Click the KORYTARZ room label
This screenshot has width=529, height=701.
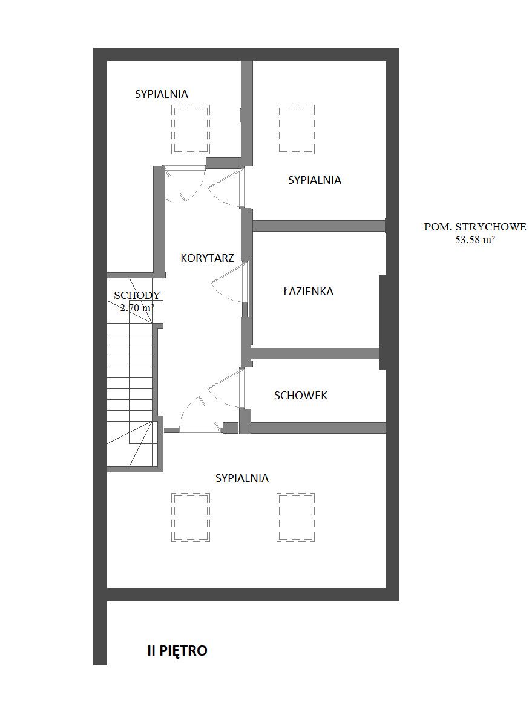pyautogui.click(x=207, y=258)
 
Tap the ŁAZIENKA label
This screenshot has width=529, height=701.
pyautogui.click(x=308, y=292)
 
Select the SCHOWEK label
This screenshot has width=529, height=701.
pyautogui.click(x=301, y=395)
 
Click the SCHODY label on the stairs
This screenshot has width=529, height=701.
pyautogui.click(x=137, y=295)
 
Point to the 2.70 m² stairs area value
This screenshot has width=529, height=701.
pyautogui.click(x=137, y=308)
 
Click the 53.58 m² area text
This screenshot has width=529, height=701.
pyautogui.click(x=475, y=239)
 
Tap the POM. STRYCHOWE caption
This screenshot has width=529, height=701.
pyautogui.click(x=475, y=227)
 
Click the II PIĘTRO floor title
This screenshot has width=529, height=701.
pyautogui.click(x=177, y=650)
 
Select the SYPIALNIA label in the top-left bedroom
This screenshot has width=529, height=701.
pyautogui.click(x=162, y=94)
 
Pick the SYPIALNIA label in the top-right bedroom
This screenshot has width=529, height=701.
pyautogui.click(x=315, y=180)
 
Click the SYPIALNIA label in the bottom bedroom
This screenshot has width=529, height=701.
pyautogui.click(x=242, y=478)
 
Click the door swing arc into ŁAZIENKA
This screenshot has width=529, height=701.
pyautogui.click(x=215, y=292)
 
